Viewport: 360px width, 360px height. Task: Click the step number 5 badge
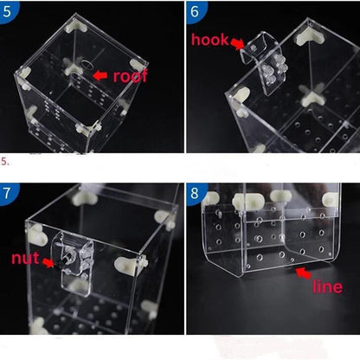(x=8, y=11)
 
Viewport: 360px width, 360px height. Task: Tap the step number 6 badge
(x=196, y=11)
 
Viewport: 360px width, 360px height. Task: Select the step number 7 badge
(x=8, y=193)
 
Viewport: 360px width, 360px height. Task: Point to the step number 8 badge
(x=196, y=193)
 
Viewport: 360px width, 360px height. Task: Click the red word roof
(x=130, y=76)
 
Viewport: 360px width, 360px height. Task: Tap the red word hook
(x=209, y=40)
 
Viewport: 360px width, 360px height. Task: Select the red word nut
(x=25, y=258)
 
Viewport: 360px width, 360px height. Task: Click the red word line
(x=328, y=286)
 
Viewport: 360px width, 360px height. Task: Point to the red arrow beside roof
(x=100, y=75)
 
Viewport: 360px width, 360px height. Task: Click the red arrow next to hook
(x=237, y=44)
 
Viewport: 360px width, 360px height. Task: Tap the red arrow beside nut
(x=48, y=262)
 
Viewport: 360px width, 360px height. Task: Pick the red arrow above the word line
(x=303, y=273)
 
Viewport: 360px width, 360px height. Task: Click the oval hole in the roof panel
(x=87, y=64)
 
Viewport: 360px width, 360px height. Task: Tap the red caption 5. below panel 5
(x=5, y=162)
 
